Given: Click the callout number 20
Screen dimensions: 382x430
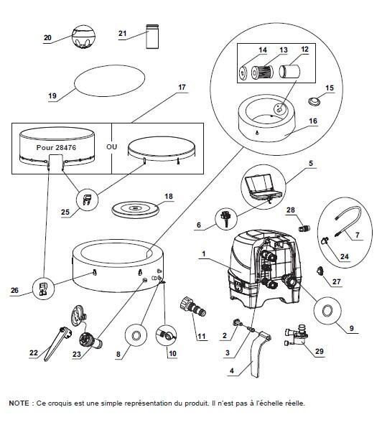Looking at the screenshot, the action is coord(47,37).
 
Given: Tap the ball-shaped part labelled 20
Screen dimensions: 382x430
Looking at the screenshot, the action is coord(83,37).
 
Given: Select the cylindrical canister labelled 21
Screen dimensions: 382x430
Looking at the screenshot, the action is coord(152,37).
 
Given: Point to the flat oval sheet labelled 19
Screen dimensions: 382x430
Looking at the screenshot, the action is coord(109,81).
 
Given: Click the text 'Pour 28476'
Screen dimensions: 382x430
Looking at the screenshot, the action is coord(56,147).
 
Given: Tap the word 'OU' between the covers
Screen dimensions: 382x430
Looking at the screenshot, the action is coord(111,147).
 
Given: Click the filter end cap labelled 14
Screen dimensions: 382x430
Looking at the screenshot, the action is coord(243,73).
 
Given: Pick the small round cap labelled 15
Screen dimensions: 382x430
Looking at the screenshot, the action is coord(314,101).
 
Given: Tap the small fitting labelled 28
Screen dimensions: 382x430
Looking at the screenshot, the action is coord(304,228).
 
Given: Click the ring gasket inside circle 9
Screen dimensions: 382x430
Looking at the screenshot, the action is coord(327,311).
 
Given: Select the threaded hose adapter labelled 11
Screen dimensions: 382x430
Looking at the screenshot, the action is coord(193,307).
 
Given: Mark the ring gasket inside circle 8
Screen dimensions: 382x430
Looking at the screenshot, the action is coord(136,335).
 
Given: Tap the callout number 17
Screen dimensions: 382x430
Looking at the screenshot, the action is coord(182,88).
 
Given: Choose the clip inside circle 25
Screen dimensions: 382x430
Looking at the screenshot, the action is coord(87,198).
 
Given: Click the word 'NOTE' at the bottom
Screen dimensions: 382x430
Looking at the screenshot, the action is coord(19,403).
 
